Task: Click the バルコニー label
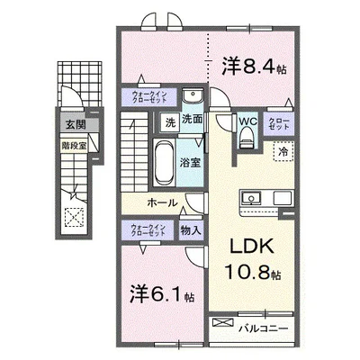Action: [263, 328]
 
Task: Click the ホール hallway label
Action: [162, 203]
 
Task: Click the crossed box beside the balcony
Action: [220, 328]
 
